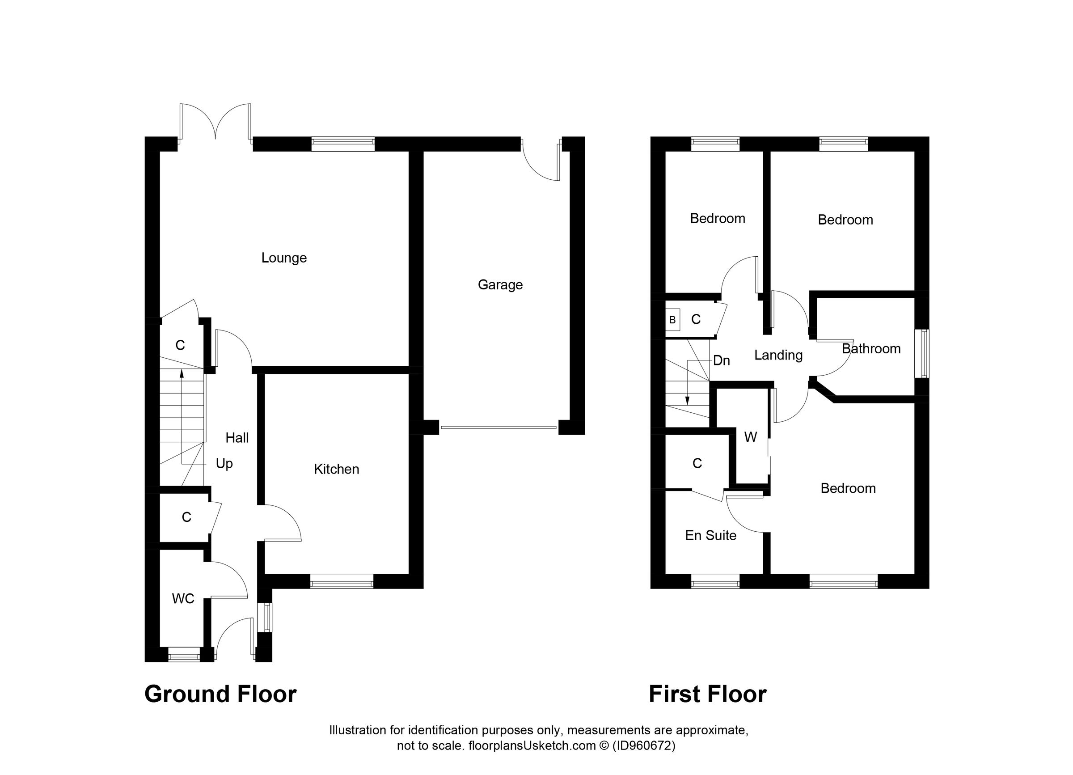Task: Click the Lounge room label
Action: [284, 258]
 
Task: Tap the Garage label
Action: [500, 285]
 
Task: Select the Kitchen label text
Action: [336, 470]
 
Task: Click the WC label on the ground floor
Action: [183, 599]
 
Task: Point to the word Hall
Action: [237, 438]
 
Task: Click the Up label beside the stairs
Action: [224, 464]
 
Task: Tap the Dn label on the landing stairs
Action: [721, 360]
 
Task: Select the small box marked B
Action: [672, 320]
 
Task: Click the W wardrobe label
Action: [750, 437]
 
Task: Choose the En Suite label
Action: [710, 536]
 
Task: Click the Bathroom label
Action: [871, 349]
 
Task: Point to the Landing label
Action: [778, 356]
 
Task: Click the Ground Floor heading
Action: [220, 694]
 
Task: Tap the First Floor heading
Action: [707, 694]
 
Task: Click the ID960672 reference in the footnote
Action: [643, 746]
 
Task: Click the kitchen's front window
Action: [342, 581]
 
